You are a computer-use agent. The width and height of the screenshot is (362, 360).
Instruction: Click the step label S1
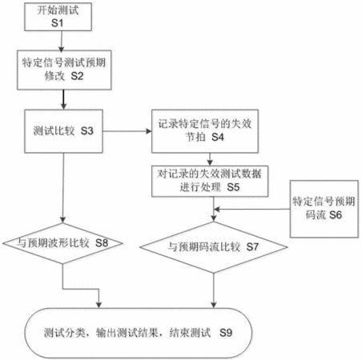tap(58, 22)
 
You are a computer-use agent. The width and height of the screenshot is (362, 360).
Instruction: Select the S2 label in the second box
tap(77, 76)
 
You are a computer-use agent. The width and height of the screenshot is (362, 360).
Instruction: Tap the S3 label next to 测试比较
tap(87, 130)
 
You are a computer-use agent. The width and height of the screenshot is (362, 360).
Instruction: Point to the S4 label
tap(218, 137)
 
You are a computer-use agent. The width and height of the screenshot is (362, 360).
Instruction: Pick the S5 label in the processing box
tap(233, 187)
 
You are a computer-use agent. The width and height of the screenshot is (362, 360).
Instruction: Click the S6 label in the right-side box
tap(336, 215)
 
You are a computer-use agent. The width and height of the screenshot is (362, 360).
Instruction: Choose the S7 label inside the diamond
tap(252, 247)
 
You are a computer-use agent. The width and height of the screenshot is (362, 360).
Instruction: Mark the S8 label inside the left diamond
tap(102, 243)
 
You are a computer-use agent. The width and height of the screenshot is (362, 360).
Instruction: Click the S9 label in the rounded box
tap(226, 333)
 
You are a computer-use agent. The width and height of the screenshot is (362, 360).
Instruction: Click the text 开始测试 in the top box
tap(58, 10)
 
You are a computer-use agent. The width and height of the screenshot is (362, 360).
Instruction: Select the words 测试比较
tap(54, 130)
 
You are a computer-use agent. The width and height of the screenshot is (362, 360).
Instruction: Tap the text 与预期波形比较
tap(53, 243)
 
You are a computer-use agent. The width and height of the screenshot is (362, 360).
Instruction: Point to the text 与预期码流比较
tap(204, 247)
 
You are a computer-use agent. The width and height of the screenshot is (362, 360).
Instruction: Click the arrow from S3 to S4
tap(127, 131)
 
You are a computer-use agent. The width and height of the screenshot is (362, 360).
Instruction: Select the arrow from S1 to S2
tap(62, 42)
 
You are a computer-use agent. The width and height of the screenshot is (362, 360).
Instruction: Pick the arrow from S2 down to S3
tap(63, 99)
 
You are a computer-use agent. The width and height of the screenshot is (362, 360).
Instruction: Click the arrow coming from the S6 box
tap(252, 210)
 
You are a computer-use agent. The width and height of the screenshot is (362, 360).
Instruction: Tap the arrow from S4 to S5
tap(210, 159)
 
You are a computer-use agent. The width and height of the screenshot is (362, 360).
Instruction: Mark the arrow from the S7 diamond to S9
tap(214, 290)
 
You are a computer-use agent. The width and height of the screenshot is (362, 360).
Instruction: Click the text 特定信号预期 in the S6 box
tap(324, 202)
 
